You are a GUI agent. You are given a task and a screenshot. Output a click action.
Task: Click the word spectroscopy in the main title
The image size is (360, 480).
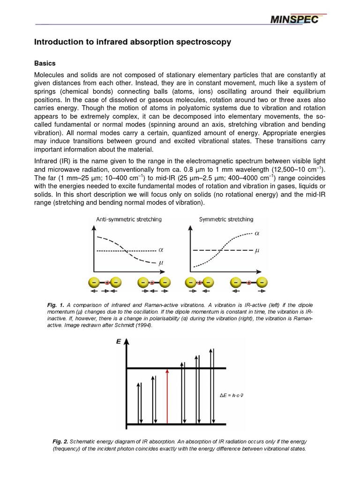[202, 42]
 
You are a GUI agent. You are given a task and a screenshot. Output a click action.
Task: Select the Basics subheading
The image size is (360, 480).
[45, 63]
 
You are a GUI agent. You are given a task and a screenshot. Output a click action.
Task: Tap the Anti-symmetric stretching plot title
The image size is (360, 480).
[129, 219]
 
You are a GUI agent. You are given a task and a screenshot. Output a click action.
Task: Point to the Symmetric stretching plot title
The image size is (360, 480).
[226, 219]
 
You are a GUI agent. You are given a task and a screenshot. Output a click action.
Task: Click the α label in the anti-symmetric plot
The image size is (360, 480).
[160, 251]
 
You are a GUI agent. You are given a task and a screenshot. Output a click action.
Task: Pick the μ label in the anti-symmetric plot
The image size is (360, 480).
[160, 263]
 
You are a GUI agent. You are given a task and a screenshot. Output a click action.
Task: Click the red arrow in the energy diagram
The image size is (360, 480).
[167, 397]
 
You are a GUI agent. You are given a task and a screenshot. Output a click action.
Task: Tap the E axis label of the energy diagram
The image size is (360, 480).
[118, 343]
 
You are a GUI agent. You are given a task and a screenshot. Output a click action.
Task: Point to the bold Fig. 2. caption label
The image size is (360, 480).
[60, 442]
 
